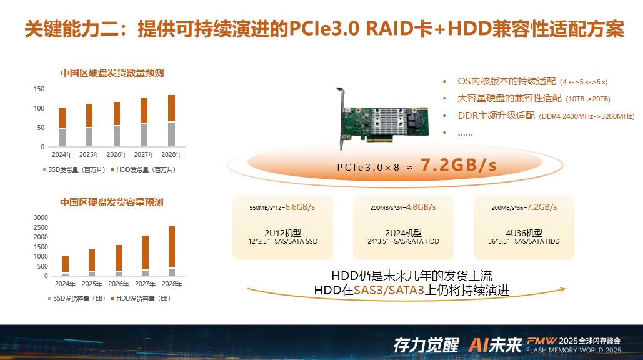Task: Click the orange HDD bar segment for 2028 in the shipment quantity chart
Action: click(171, 108)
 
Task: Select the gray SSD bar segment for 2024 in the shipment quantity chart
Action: click(62, 137)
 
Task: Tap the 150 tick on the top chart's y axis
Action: click(39, 89)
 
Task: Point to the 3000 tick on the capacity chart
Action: click(41, 217)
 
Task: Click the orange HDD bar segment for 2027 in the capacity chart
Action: click(145, 252)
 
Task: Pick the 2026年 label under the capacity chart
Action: click(119, 284)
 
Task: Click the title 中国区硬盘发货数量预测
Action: click(112, 73)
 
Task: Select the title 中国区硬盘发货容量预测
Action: click(111, 202)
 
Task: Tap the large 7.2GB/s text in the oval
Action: click(459, 165)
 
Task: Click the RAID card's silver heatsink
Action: click(386, 122)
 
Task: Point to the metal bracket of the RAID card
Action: click(341, 118)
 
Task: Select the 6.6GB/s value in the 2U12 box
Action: click(300, 207)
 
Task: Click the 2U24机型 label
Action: click(403, 233)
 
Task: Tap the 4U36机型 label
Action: click(524, 233)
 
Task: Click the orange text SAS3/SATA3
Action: click(389, 290)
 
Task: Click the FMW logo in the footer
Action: click(541, 341)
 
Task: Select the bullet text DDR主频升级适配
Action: click(496, 116)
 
